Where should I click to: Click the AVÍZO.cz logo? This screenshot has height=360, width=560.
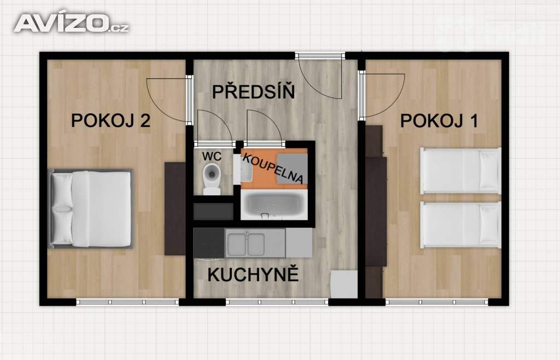coord(72,22)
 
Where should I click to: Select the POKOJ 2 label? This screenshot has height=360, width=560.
coord(110,121)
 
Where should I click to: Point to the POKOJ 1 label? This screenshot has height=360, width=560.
coord(439,121)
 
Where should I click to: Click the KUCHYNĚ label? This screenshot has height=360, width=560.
coord(253,275)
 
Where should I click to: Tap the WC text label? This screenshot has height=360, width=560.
coord(212,156)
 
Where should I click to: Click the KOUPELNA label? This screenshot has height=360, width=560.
coord(273,169)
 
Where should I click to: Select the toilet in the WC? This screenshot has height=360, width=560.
coord(212,178)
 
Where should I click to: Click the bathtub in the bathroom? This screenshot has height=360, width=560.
coord(274,205)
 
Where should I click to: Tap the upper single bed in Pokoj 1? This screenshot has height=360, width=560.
coord(460,171)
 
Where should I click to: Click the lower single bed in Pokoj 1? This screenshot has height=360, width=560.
coord(460,225)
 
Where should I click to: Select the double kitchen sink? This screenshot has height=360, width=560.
coord(246,244)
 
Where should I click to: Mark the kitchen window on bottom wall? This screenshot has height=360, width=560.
coord(277,302)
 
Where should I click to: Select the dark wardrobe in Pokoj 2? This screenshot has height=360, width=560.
coord(175,208)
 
